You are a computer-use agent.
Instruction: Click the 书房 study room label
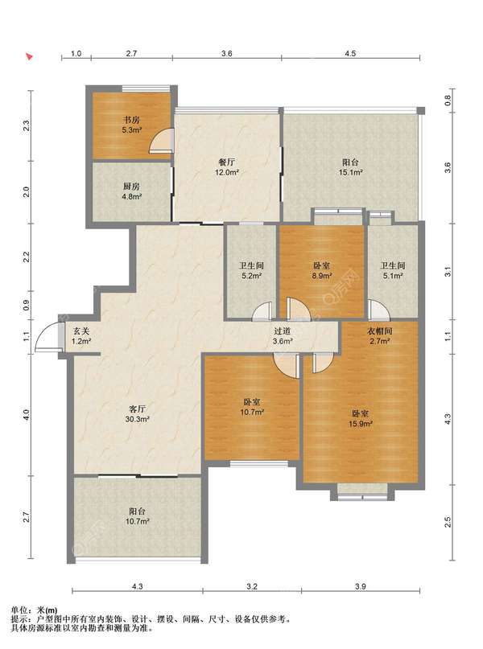[x=131, y=120]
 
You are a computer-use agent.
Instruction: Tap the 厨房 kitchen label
[x=131, y=187]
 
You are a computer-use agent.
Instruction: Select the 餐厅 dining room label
[x=227, y=162]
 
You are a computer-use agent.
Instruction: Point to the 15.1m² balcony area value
[x=351, y=173]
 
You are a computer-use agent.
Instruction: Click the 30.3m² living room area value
[x=137, y=419]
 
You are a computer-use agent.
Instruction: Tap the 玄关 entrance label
[x=81, y=331]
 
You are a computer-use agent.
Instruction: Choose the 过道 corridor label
[x=282, y=331]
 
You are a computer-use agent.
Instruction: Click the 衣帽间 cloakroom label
[x=379, y=331]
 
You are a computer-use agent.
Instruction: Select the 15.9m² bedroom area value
[x=361, y=424]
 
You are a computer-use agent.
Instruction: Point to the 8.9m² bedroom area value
[x=322, y=276]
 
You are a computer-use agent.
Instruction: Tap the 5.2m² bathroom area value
[x=251, y=276]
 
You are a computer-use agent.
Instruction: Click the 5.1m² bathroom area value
[x=392, y=276]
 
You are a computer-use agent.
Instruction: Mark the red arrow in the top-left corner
[x=29, y=56]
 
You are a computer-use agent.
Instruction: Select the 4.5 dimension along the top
[x=350, y=53]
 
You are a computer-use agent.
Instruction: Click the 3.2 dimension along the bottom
[x=252, y=586]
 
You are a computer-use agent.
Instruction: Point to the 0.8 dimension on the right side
[x=448, y=101]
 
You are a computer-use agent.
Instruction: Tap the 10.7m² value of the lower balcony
[x=137, y=521]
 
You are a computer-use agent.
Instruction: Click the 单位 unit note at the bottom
[x=19, y=610]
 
